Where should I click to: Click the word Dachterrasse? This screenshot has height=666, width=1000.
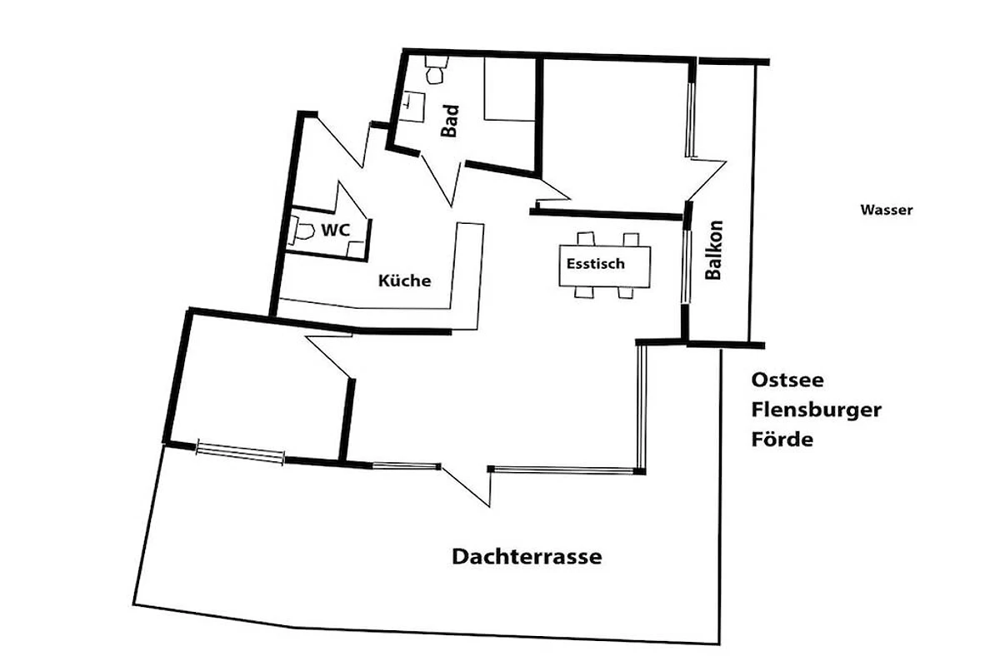pyautogui.click(x=527, y=557)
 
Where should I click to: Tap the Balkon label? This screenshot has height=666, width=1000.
pyautogui.click(x=713, y=250)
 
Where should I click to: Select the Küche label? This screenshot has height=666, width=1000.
pyautogui.click(x=404, y=281)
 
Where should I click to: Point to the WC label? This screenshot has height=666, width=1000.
pyautogui.click(x=336, y=230)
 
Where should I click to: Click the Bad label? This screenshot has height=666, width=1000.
pyautogui.click(x=449, y=121)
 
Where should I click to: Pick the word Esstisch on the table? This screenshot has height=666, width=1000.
pyautogui.click(x=596, y=264)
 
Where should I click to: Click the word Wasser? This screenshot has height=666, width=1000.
pyautogui.click(x=887, y=210)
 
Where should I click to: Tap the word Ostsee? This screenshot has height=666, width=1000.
pyautogui.click(x=787, y=380)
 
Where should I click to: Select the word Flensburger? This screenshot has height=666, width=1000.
pyautogui.click(x=817, y=410)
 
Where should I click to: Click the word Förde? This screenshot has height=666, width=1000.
pyautogui.click(x=782, y=439)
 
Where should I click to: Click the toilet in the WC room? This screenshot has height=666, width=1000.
pyautogui.click(x=301, y=231)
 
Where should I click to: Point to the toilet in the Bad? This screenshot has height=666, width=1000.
pyautogui.click(x=435, y=70)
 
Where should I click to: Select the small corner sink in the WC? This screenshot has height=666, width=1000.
pyautogui.click(x=357, y=249)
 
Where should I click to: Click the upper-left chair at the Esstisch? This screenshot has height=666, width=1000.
pyautogui.click(x=586, y=238)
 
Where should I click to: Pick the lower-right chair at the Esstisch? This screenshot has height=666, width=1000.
pyautogui.click(x=626, y=293)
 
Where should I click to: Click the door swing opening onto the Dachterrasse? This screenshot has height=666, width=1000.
pyautogui.click(x=467, y=487)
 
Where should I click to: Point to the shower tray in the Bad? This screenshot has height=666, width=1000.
pyautogui.click(x=510, y=89)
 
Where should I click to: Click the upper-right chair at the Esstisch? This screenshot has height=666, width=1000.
pyautogui.click(x=632, y=239)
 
